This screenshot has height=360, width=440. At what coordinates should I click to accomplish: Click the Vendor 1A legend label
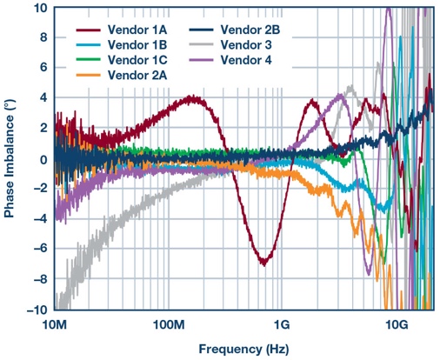pyautogui.click(x=139, y=30)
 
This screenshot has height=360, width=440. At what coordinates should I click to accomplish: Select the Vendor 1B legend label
pyautogui.click(x=139, y=45)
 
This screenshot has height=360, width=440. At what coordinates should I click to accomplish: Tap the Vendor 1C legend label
pyautogui.click(x=139, y=60)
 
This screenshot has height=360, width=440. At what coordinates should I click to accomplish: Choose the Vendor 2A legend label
pyautogui.click(x=139, y=76)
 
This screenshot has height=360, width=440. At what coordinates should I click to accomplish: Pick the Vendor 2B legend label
pyautogui.click(x=255, y=30)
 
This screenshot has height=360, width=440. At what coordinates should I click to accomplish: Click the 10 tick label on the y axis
pyautogui.click(x=40, y=9)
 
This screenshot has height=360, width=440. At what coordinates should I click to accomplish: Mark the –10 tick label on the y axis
pyautogui.click(x=37, y=310)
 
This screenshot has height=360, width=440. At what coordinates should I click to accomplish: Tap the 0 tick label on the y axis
pyautogui.click(x=43, y=159)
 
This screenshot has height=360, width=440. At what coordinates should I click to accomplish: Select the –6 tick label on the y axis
pyautogui.click(x=40, y=250)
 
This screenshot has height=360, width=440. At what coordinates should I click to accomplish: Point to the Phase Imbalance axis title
pyautogui.click(x=10, y=159)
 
